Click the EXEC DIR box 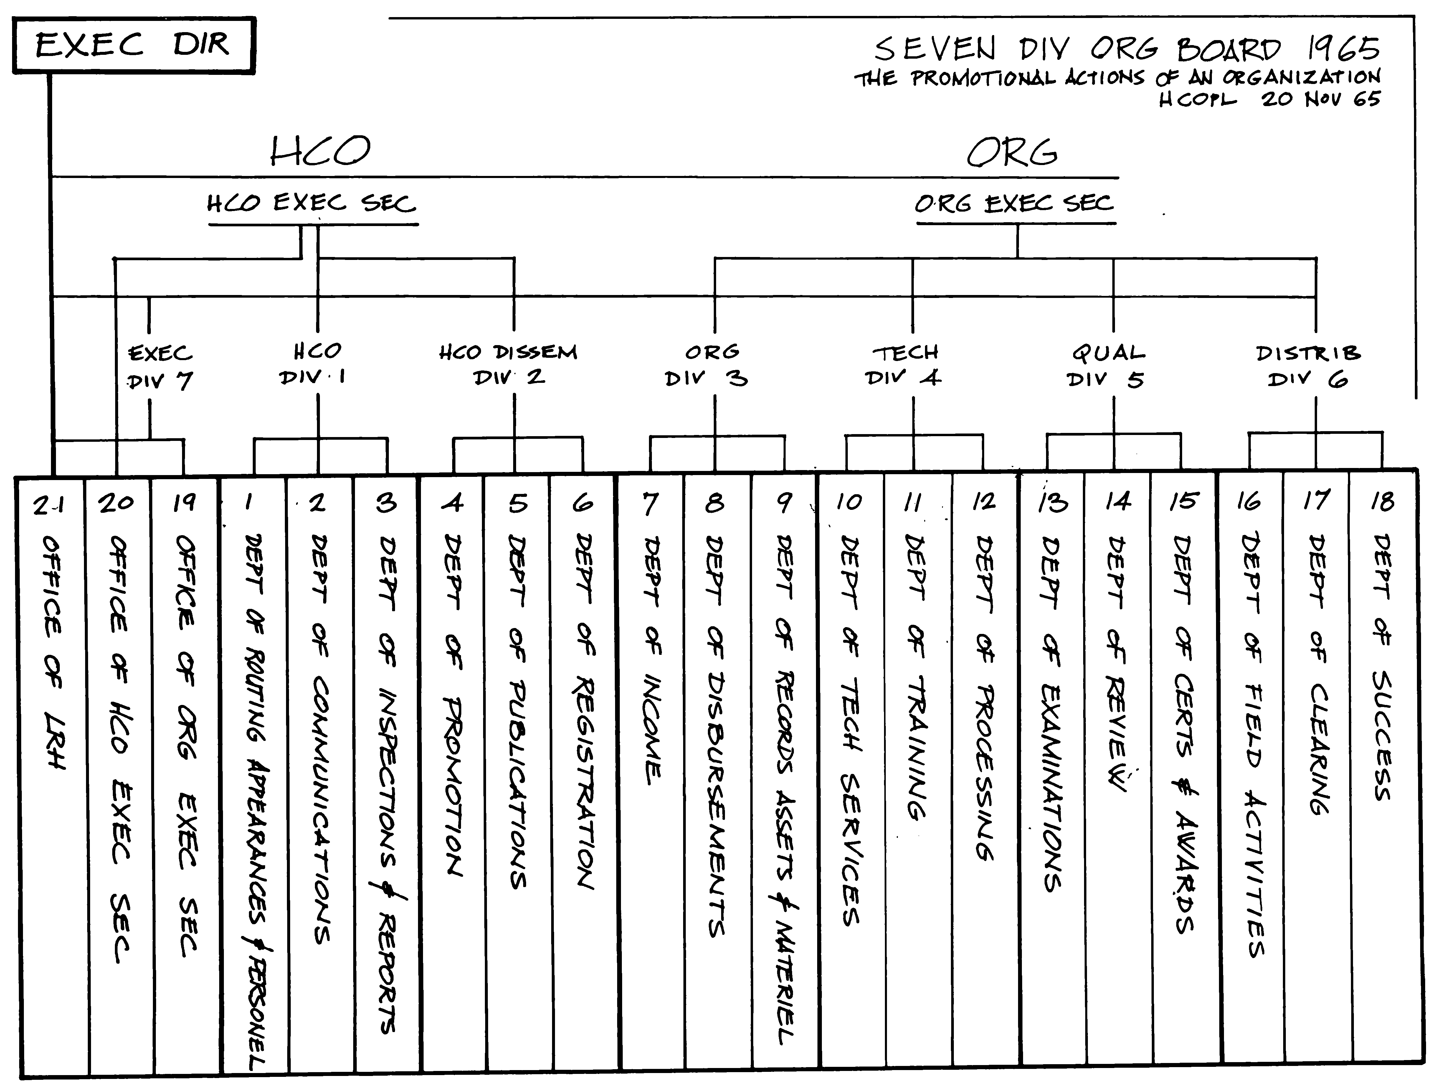(133, 45)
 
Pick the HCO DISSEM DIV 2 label (508, 365)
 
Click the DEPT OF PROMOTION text (453, 705)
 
